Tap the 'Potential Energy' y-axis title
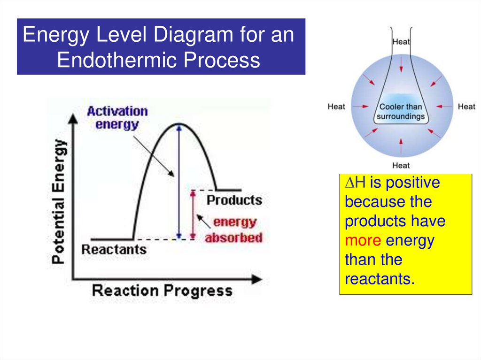(59, 202)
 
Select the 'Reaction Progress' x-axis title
(162, 291)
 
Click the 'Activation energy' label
(117, 118)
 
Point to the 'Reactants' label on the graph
(114, 249)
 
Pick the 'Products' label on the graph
(234, 200)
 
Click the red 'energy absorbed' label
(233, 230)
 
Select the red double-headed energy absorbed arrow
(192, 214)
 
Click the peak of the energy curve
(179, 124)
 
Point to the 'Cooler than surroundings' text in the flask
(401, 112)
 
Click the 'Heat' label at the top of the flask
(401, 42)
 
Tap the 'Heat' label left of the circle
(336, 107)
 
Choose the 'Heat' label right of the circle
(466, 107)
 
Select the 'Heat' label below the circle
(401, 165)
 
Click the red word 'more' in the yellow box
(363, 241)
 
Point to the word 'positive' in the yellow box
(413, 182)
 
